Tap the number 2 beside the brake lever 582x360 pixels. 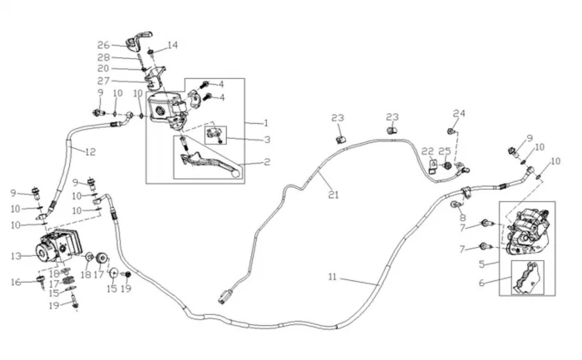(x=267, y=164)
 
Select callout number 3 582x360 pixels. (x=267, y=139)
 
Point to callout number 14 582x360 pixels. (x=173, y=45)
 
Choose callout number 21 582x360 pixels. (x=333, y=196)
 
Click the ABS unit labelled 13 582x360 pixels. (x=58, y=247)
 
